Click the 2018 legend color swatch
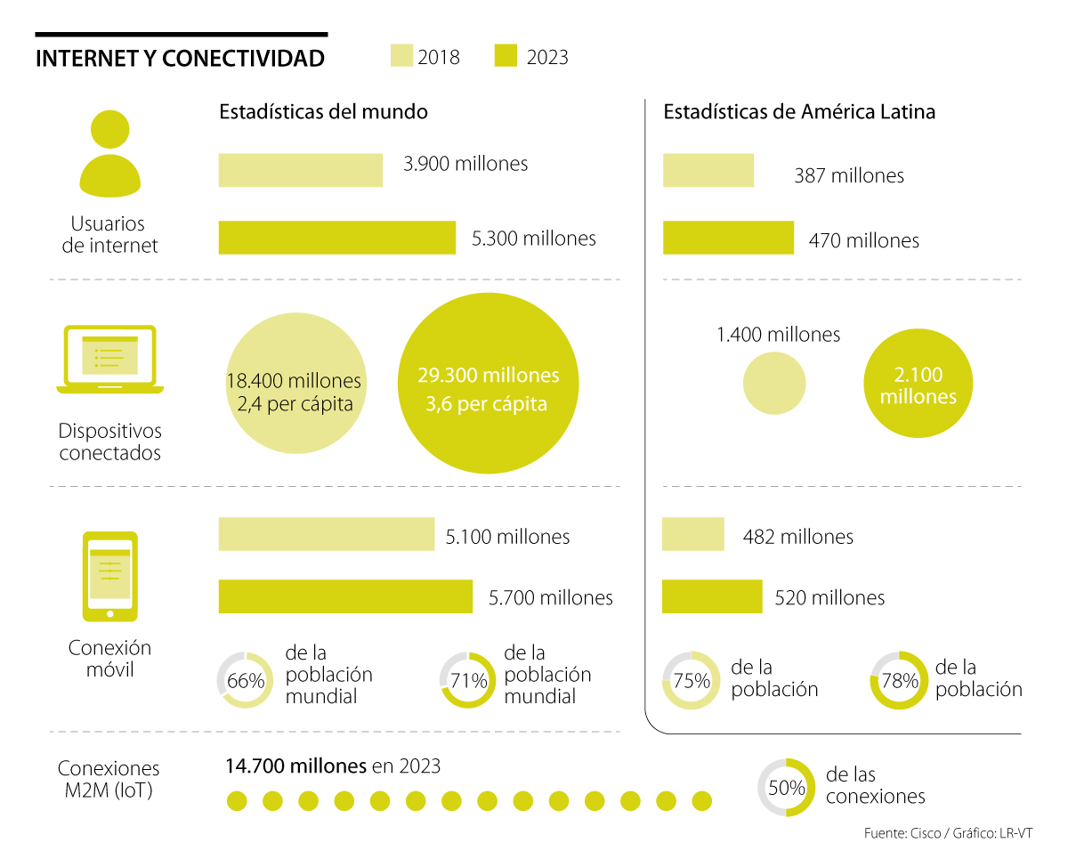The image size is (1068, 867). click(x=401, y=56)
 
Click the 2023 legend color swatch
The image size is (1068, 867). click(x=506, y=56)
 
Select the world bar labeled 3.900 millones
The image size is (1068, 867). click(x=301, y=170)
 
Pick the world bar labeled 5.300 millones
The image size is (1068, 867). click(x=337, y=238)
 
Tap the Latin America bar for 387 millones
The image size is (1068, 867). click(x=708, y=170)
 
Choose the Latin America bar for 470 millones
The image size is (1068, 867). click(x=728, y=238)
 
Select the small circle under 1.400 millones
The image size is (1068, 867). click(x=774, y=384)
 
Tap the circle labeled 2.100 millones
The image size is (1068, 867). click(x=918, y=385)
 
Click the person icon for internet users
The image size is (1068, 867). click(x=110, y=153)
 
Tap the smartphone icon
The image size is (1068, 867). click(x=110, y=575)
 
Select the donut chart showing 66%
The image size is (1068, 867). click(x=246, y=681)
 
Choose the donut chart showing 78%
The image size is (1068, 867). click(x=898, y=681)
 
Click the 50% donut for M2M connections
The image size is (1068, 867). click(x=786, y=787)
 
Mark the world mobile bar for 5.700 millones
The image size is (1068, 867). click(x=345, y=596)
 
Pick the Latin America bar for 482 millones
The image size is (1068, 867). click(x=693, y=535)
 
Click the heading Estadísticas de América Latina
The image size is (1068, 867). click(x=799, y=112)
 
